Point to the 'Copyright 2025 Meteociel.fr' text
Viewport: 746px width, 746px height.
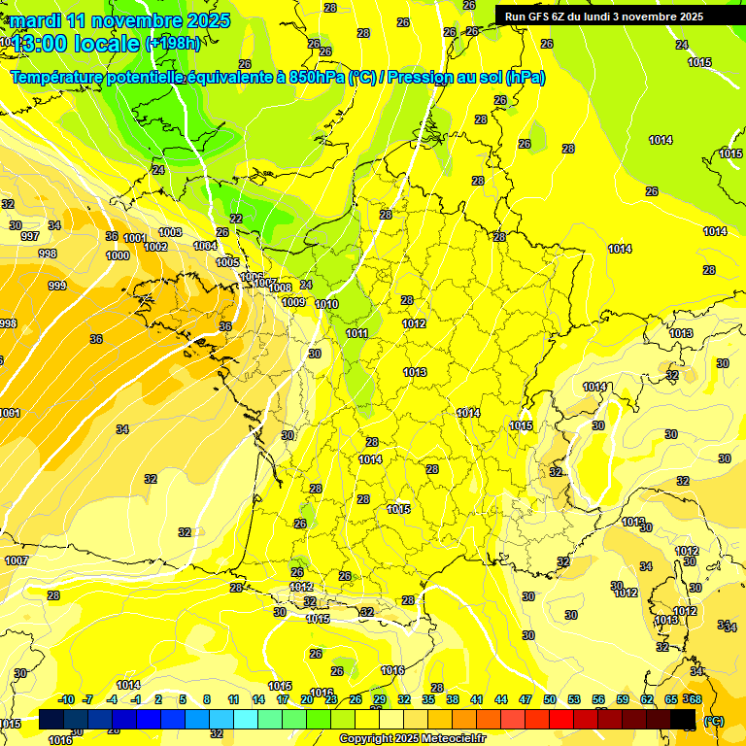tap(412, 738)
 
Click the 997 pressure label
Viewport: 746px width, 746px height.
tap(30, 237)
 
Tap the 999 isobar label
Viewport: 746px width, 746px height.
tap(57, 286)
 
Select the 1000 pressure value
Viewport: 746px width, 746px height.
tap(118, 255)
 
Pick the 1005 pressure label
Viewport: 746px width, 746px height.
tap(227, 262)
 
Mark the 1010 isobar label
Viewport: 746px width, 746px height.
tap(326, 304)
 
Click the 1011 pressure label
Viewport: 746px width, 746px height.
tap(356, 333)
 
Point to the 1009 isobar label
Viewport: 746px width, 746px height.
tap(293, 302)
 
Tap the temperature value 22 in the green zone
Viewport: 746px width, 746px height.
tap(236, 219)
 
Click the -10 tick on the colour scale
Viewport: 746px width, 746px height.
tap(67, 699)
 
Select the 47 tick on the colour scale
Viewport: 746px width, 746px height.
tap(526, 699)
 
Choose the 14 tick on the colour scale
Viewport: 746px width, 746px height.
tap(258, 699)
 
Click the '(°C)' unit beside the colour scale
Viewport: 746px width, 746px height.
tap(713, 720)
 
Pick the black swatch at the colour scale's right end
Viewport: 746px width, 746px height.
tap(683, 720)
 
